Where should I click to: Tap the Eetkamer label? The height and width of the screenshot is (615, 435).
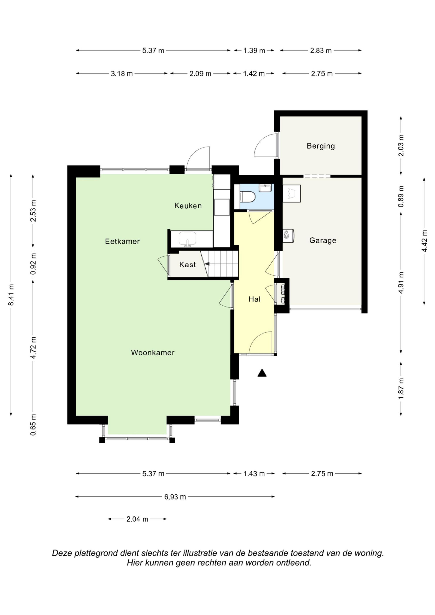122,241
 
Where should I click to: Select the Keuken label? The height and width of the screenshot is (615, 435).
188,205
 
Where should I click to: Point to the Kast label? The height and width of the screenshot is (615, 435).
188,264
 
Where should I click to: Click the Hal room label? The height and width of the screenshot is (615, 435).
255,299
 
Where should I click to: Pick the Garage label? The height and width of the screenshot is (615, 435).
323,240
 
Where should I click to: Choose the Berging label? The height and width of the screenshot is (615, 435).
321,146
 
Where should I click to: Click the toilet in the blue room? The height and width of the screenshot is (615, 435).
248,197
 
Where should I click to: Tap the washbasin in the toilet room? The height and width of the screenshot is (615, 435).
265,188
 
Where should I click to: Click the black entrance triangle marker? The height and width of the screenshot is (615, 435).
262,373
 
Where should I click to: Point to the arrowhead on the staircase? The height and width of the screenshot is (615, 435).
207,264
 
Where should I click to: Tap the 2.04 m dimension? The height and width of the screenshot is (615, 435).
137,519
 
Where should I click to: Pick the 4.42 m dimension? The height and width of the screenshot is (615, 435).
424,241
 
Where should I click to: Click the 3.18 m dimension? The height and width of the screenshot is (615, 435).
122,73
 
